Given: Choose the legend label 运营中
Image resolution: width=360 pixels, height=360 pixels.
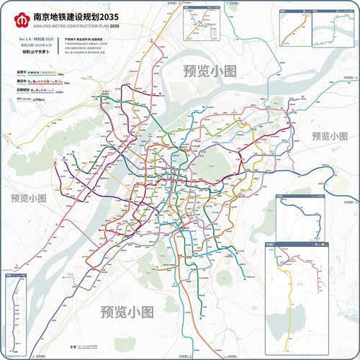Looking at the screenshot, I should click(23, 73).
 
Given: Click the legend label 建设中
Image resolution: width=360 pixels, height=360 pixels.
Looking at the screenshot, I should click(23, 82).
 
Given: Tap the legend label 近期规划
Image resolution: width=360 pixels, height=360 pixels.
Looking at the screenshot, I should click(24, 91).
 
